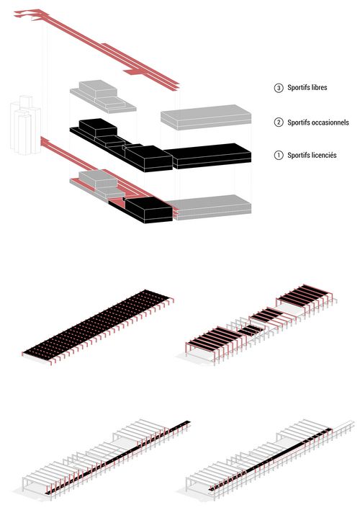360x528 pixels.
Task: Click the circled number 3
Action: click(x=279, y=88)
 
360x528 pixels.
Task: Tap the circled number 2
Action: click(x=279, y=122)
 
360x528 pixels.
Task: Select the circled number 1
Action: click(x=279, y=156)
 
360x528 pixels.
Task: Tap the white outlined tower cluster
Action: click(x=26, y=125)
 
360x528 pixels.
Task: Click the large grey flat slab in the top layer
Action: click(x=206, y=117)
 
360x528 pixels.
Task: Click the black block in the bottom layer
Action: click(x=148, y=210)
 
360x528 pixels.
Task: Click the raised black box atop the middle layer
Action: click(x=98, y=127)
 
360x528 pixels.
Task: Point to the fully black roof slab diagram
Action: click(x=97, y=326)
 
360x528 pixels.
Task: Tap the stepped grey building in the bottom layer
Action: click(x=98, y=184)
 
